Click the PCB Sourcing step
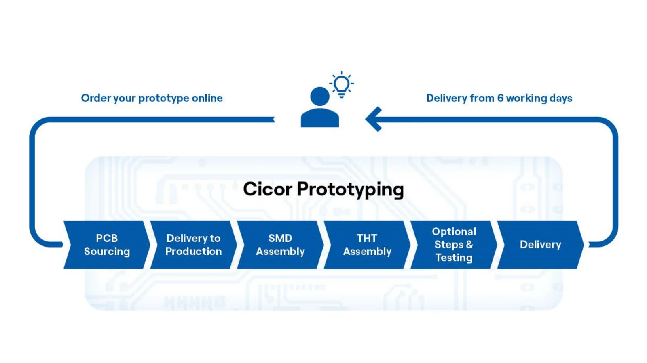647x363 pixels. pos(107,245)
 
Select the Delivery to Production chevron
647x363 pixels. pos(194,245)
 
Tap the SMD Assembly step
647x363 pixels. pos(280,245)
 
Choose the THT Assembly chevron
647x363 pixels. pos(367,245)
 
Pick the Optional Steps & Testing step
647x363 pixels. pos(454,245)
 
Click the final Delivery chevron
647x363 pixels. pos(540,245)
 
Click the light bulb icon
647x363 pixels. pos(341,85)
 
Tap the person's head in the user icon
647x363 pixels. pos(320,96)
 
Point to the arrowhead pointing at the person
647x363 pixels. pos(374,119)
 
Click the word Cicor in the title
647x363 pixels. pos(268,189)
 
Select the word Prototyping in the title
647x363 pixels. pos(350,190)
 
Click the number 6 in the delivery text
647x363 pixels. pos(500,98)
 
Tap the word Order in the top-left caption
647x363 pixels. pos(95,98)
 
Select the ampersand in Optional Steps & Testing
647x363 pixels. pos(469,245)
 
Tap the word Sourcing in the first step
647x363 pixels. pos(107,252)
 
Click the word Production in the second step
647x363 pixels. pos(194,251)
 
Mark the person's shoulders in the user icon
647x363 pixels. pos(320,118)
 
